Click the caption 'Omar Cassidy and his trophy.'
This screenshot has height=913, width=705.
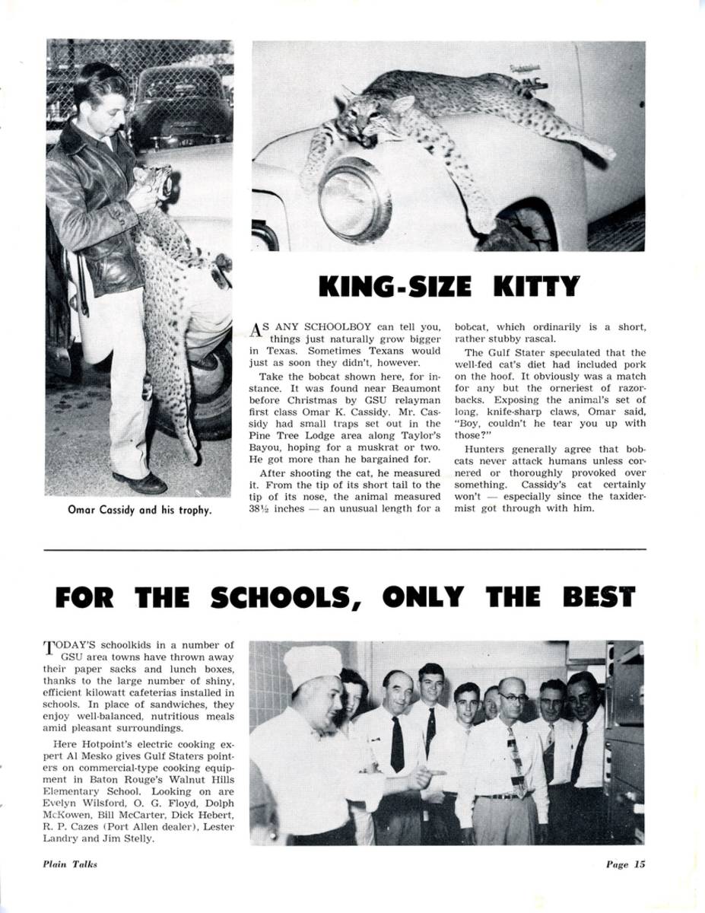pyautogui.click(x=140, y=510)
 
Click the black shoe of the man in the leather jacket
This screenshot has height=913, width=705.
pyautogui.click(x=141, y=482)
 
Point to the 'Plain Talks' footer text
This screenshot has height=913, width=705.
pyautogui.click(x=69, y=864)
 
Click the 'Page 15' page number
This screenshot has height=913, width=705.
pyautogui.click(x=625, y=864)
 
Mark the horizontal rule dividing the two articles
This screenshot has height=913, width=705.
pyautogui.click(x=345, y=549)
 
